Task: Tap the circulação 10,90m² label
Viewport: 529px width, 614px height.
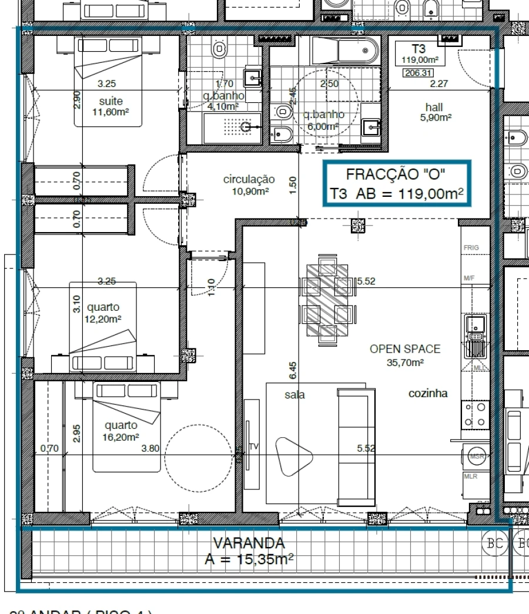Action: tap(249, 185)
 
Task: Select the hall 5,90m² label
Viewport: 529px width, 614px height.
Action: tap(434, 112)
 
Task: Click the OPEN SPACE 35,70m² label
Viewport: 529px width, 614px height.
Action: tap(404, 355)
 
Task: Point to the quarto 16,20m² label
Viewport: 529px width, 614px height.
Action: tap(121, 431)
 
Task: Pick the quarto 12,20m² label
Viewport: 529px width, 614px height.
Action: tap(103, 313)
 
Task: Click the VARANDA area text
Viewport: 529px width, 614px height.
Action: tap(249, 551)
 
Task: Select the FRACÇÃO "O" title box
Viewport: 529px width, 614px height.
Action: tap(397, 184)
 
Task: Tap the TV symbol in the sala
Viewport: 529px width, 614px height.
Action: tap(254, 447)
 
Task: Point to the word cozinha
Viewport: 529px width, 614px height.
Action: tap(428, 394)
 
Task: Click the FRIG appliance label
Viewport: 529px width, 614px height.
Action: tap(471, 248)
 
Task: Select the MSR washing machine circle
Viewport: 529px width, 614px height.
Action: tap(476, 456)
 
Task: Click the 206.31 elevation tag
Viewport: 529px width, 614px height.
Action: tap(416, 73)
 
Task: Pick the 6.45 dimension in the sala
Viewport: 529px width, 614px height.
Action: tap(293, 370)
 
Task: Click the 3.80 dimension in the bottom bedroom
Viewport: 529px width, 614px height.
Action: tap(151, 449)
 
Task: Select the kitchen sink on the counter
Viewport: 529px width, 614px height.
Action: tap(475, 324)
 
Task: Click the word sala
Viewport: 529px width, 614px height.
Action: tap(294, 395)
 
